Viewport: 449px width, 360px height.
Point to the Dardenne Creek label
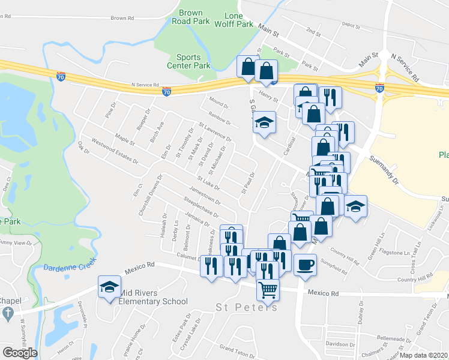[67, 268]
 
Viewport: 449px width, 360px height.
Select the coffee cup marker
[305, 265]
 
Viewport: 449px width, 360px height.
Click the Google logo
[20, 352]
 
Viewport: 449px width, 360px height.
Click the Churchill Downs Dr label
[150, 196]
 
